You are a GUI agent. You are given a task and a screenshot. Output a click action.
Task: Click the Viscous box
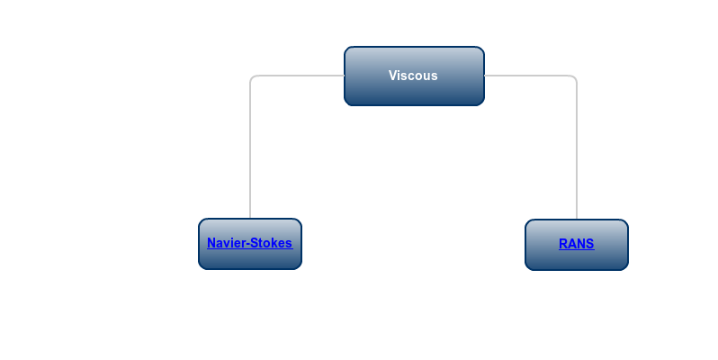click(x=414, y=76)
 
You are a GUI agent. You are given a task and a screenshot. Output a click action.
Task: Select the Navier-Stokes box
click(x=250, y=244)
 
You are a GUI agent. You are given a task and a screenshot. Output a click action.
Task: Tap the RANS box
click(x=577, y=245)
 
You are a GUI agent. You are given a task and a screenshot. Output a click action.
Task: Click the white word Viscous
click(x=413, y=76)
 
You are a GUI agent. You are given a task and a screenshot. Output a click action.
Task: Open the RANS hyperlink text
click(x=577, y=244)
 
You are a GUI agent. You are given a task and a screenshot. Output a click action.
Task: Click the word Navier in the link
click(x=223, y=243)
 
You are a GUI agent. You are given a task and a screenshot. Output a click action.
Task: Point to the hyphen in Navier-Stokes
click(x=242, y=244)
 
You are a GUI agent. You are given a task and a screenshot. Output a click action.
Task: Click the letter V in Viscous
click(x=393, y=76)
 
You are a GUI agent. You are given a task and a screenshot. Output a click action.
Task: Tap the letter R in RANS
click(x=562, y=244)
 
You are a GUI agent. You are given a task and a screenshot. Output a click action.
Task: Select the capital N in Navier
click(x=211, y=243)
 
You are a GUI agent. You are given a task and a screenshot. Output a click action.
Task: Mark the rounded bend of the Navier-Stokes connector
click(x=252, y=77)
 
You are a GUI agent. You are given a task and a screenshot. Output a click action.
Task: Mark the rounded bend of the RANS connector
click(x=574, y=77)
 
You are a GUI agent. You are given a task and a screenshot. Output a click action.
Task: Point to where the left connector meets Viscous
click(x=345, y=76)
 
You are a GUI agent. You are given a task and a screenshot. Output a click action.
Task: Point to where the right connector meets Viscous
click(x=484, y=76)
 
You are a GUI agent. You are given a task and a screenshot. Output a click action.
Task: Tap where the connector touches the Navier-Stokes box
click(x=250, y=219)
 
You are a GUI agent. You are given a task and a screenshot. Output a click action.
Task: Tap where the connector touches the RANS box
click(x=577, y=220)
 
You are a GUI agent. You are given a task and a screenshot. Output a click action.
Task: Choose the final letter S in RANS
click(x=590, y=244)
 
